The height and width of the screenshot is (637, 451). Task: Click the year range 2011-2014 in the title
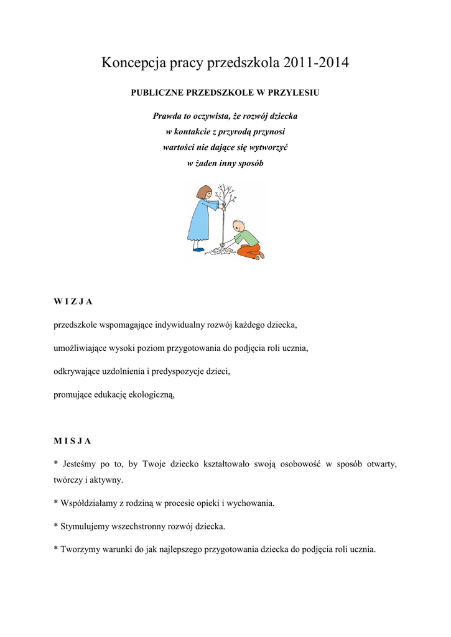tap(315, 63)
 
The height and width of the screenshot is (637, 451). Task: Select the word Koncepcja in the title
tap(130, 63)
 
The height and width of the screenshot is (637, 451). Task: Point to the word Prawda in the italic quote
tap(167, 116)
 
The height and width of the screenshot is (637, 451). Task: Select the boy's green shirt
tap(246, 237)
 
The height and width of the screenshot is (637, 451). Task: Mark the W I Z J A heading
tap(73, 302)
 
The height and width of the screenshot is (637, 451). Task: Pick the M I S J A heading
tap(73, 441)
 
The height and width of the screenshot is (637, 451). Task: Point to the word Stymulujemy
tap(86, 526)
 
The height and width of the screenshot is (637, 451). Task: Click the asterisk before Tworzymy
tap(56, 549)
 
